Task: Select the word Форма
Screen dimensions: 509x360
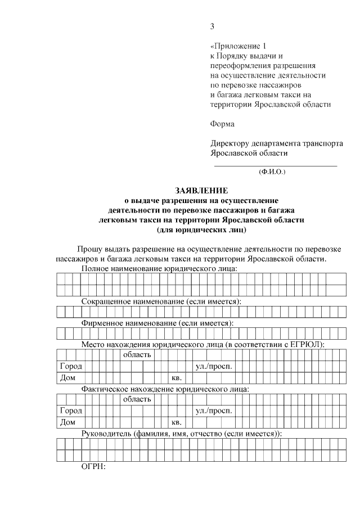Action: click(x=222, y=124)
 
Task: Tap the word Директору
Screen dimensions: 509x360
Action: click(x=231, y=143)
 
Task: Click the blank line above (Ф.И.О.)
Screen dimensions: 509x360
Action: click(x=276, y=165)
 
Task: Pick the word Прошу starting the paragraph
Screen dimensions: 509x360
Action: click(x=89, y=249)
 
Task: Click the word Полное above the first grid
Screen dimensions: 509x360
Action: click(x=96, y=269)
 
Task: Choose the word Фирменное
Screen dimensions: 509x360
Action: click(x=104, y=323)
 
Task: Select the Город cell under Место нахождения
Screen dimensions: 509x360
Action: click(x=71, y=366)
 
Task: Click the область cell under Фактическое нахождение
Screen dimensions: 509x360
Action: click(x=137, y=399)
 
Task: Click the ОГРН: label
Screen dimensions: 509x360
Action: click(x=94, y=466)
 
